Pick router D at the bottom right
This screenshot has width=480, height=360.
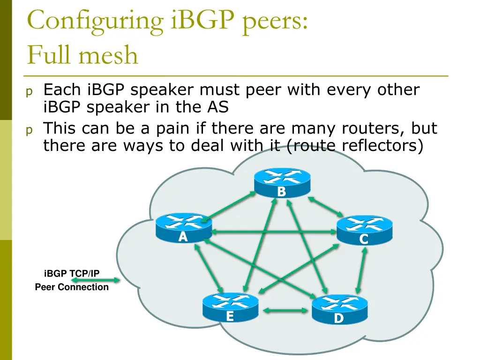(x=340, y=309)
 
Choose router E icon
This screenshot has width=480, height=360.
(x=230, y=307)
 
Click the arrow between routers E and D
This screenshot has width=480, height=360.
(x=285, y=310)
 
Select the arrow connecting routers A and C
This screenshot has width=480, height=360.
(x=274, y=232)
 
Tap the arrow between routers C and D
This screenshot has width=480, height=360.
(x=361, y=270)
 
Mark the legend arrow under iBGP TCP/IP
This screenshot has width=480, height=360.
(x=96, y=280)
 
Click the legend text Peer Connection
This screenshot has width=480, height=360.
(x=72, y=287)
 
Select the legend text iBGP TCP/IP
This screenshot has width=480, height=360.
(x=72, y=273)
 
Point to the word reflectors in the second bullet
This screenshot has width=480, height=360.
(x=379, y=146)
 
